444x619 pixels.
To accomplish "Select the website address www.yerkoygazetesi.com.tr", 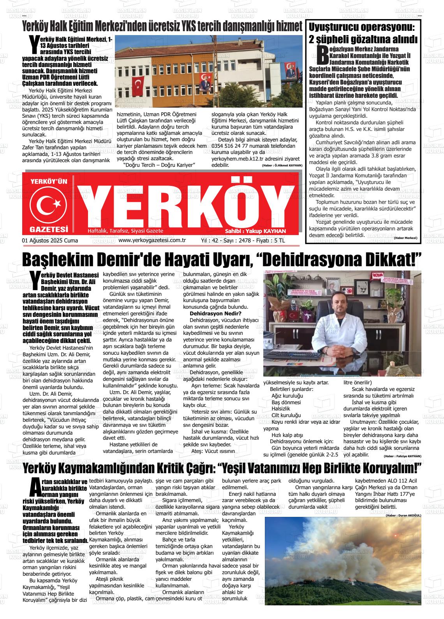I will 152,241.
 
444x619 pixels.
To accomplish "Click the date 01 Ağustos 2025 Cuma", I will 50,241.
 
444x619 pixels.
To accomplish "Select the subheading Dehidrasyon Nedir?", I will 215,314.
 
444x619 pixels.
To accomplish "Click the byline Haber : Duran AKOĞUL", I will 403,515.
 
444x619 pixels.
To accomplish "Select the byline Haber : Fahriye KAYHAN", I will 402,456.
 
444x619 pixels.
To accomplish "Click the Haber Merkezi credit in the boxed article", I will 405,238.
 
